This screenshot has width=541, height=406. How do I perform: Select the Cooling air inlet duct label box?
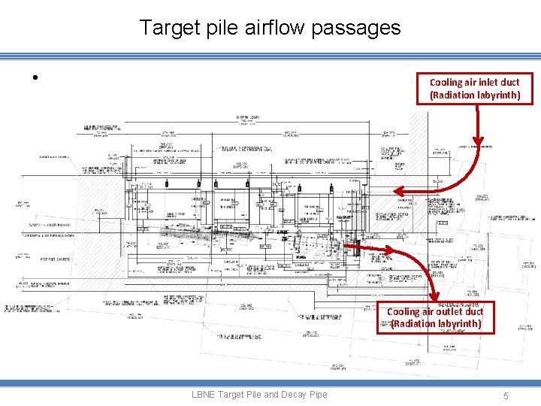474,89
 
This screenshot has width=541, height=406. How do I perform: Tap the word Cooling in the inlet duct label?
446,82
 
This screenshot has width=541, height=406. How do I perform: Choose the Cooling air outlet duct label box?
435,317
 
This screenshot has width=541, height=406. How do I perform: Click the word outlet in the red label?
449,311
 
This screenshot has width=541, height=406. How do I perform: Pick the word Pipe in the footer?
317,394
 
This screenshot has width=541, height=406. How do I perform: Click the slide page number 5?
507,395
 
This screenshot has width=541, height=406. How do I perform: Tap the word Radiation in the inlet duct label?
455,95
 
